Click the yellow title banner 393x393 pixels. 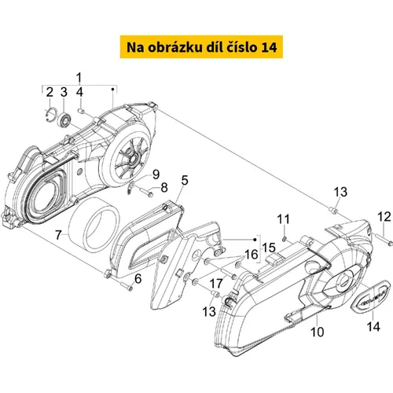(x=201, y=46)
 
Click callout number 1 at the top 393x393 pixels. (x=79, y=78)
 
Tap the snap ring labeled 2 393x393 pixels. (x=50, y=115)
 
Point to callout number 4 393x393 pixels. (x=79, y=92)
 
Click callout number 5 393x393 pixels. (x=185, y=181)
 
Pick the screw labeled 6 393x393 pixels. (x=126, y=285)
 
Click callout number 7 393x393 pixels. (x=58, y=235)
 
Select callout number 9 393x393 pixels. (x=156, y=174)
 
